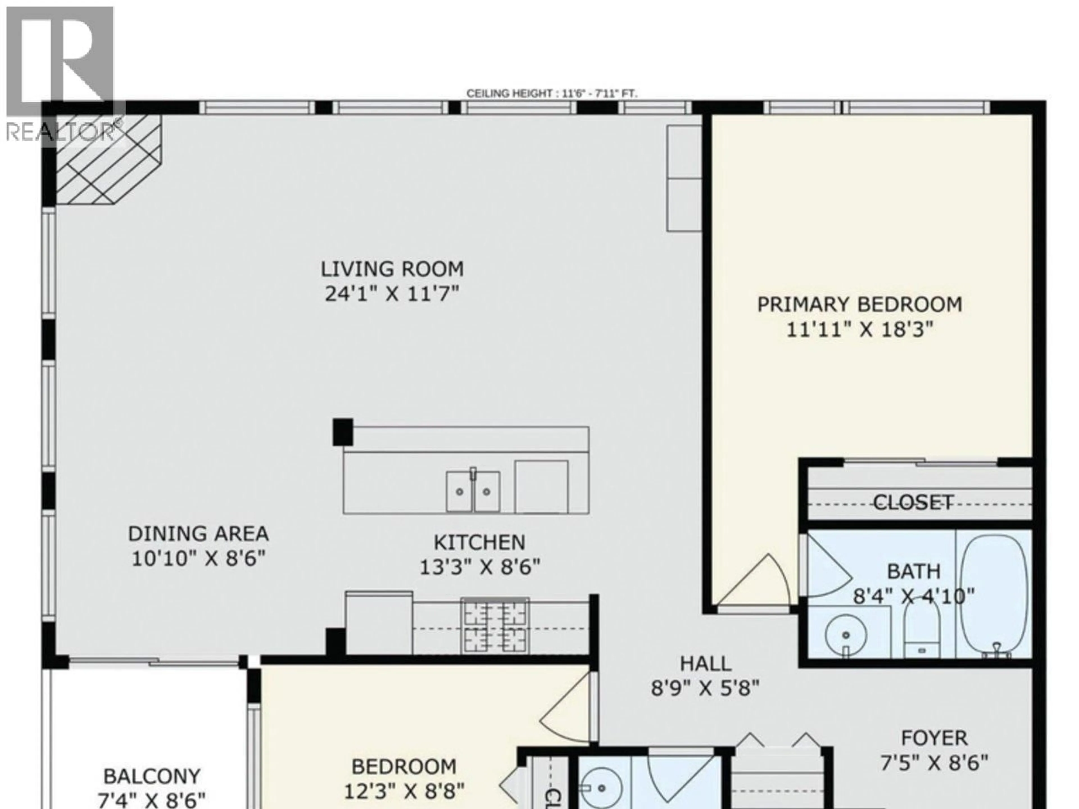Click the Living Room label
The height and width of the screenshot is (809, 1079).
point(392,269)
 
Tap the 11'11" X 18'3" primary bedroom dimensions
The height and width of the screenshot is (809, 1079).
point(860,330)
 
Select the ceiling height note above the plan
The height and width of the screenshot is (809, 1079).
point(552,93)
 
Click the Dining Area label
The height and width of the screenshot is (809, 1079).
point(198,533)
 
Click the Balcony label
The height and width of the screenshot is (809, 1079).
point(152,776)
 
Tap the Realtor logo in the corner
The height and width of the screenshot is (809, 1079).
point(61,73)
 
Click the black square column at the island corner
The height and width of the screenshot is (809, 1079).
point(343,432)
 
